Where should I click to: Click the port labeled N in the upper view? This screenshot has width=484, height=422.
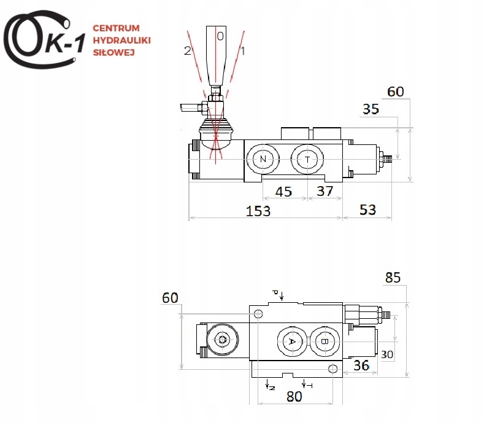263,159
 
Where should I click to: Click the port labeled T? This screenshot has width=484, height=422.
307,160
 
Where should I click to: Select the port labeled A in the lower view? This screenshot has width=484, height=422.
292,342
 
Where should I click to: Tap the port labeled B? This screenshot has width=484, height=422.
325,342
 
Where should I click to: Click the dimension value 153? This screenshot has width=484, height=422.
258,211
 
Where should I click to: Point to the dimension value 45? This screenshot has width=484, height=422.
283,192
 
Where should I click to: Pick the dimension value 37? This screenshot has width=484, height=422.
325,191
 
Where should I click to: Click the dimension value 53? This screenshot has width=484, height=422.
367,210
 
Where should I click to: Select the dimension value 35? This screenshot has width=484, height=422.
371,109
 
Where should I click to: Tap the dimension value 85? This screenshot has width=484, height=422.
393,278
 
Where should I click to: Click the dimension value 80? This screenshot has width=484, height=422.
294,396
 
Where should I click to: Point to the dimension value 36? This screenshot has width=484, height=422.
361,365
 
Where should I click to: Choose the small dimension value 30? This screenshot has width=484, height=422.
387,354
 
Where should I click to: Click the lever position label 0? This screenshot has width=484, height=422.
220,36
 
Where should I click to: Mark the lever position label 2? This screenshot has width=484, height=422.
187,51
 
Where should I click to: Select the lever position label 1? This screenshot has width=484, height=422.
243,51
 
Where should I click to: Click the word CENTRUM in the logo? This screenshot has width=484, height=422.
116,28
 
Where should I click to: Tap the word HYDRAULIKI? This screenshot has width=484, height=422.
121,40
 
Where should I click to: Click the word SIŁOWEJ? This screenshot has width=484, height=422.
113,52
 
